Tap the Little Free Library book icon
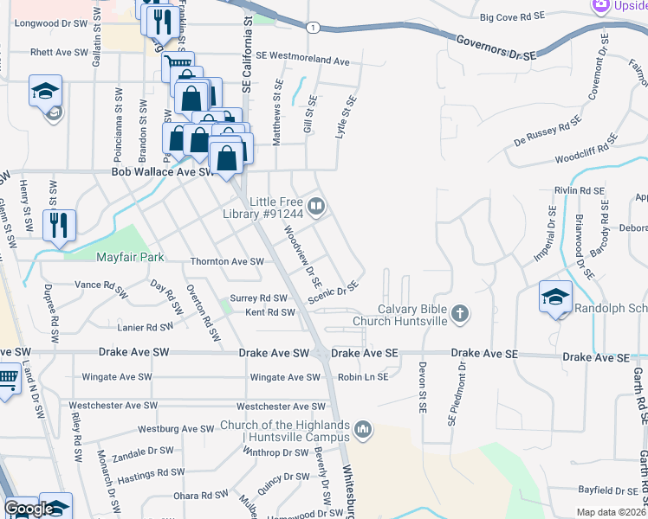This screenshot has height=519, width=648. pos(318,206)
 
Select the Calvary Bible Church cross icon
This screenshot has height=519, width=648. pos(460,313)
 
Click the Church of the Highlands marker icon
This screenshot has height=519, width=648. pos(363,428)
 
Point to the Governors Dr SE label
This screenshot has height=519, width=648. pos(496,46)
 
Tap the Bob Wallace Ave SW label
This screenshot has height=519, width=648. pos(162,172)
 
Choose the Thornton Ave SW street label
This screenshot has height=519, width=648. pos(226,261)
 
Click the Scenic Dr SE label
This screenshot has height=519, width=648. pos(333,292)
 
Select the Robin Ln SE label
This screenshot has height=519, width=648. pos(362,377)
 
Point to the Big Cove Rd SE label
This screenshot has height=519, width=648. pos(511,16)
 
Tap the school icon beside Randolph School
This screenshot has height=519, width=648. pos(554,297)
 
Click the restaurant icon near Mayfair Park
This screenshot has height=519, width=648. pos(59,225)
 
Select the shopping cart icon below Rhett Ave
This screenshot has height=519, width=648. pos(178,63)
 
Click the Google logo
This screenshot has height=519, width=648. pos(28,509)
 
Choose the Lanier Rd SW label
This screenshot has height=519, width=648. pos(146,328)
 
